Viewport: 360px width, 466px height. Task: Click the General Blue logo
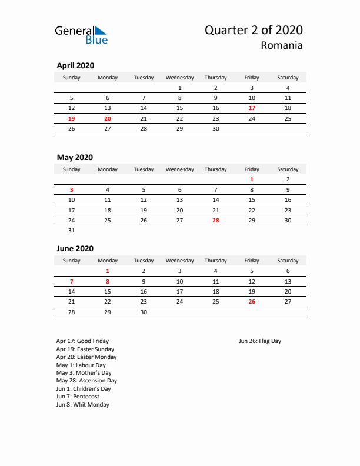(81, 34)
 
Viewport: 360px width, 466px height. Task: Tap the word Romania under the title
(283, 45)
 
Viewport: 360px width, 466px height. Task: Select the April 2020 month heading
(75, 66)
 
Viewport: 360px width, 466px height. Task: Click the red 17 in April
(252, 108)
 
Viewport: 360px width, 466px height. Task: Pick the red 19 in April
(72, 118)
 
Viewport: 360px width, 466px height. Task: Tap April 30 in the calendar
(215, 128)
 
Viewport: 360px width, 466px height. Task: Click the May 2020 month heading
(75, 157)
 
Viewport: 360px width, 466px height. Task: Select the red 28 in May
(215, 220)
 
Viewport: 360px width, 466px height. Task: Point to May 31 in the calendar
(72, 230)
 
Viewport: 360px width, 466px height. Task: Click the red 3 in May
(72, 189)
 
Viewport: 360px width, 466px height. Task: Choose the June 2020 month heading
(75, 249)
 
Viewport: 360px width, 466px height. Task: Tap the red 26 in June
(252, 301)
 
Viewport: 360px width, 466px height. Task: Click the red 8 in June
(108, 281)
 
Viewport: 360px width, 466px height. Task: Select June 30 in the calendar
(144, 312)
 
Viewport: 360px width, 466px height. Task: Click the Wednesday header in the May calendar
(179, 169)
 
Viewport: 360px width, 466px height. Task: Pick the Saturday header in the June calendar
(288, 261)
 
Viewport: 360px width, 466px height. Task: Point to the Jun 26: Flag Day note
(260, 341)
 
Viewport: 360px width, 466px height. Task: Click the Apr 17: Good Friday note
(82, 341)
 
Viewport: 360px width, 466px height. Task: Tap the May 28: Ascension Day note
(86, 381)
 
